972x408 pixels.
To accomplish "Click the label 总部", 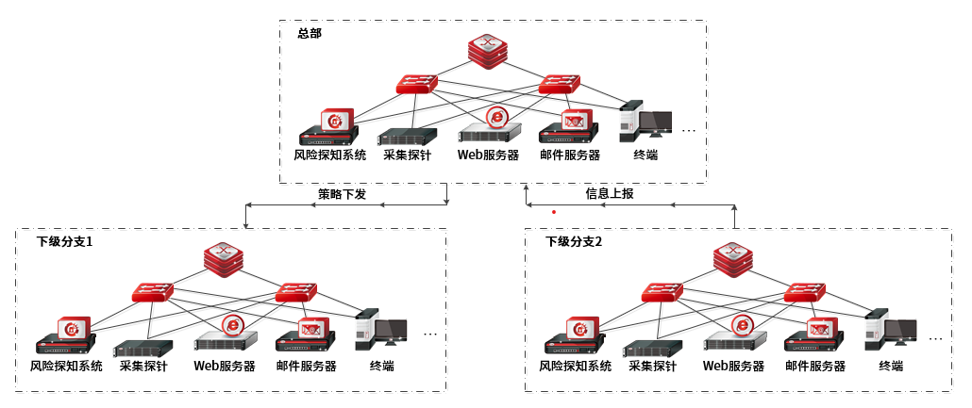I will (x=310, y=34).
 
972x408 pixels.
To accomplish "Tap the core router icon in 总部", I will (x=488, y=48).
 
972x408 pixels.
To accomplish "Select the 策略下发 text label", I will (x=342, y=194).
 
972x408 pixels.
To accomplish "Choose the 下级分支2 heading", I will (x=574, y=241).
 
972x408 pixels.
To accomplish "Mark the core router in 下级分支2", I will (x=732, y=257).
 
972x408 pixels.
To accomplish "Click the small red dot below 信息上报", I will (x=554, y=212).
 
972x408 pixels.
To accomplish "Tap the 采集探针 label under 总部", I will (x=408, y=156).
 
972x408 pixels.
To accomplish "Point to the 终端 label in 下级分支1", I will (x=381, y=366).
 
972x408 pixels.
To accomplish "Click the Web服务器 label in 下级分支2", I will (x=734, y=366).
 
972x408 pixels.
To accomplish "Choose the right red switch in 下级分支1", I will (x=295, y=293).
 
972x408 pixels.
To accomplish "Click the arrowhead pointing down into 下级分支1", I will (x=245, y=225).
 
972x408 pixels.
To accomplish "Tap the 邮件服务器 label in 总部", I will (x=570, y=156).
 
